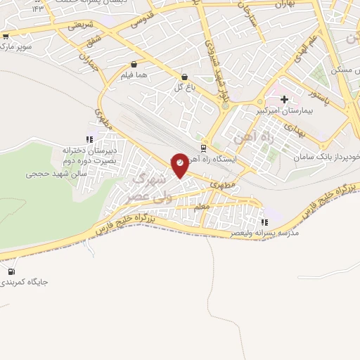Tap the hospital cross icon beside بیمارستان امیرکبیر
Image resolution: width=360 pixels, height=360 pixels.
coord(284,100)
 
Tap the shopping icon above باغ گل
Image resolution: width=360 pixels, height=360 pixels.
coord(184,77)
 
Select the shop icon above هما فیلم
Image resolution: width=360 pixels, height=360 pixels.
coord(134,64)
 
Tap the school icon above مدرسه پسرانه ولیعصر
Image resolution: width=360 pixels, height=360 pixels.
coord(264,222)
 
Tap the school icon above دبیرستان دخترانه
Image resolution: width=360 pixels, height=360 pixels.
coord(89,139)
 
